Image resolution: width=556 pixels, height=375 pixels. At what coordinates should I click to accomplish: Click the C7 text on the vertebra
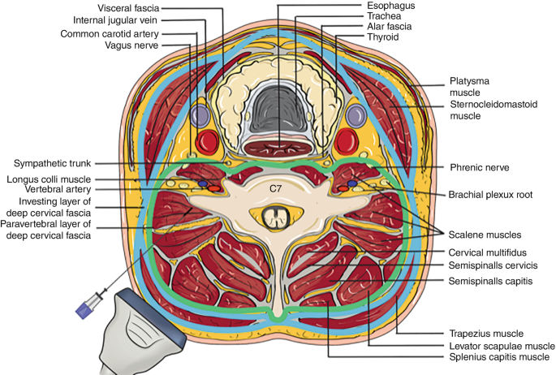point(278,187)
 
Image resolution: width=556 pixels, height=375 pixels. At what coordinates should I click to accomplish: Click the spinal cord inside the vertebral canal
point(278,217)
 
